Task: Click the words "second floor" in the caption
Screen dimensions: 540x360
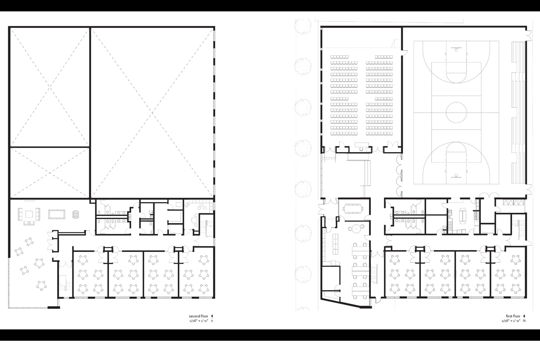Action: [198, 316]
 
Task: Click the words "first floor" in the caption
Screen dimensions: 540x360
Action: [513, 316]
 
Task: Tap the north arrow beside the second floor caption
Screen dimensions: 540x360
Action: [212, 316]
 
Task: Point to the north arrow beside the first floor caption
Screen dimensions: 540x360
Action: [524, 316]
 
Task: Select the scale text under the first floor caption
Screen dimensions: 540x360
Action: [511, 321]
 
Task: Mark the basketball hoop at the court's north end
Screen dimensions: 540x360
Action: [456, 49]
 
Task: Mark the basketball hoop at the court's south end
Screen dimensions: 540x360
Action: [456, 175]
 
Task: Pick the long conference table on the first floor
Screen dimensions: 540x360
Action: [353, 208]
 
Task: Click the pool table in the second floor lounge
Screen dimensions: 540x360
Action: [57, 214]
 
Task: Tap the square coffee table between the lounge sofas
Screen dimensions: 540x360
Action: [29, 214]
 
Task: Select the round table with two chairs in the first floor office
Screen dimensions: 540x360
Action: [356, 228]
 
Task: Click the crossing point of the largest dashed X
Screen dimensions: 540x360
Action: [153, 113]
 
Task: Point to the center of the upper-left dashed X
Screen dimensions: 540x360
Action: [50, 87]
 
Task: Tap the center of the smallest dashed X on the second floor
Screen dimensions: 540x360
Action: [50, 173]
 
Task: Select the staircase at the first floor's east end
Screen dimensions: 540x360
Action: [520, 229]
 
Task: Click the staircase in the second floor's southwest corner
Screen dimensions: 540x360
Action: [65, 283]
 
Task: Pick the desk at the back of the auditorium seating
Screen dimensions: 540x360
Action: [362, 146]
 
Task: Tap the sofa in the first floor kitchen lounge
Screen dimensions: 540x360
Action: [463, 216]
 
